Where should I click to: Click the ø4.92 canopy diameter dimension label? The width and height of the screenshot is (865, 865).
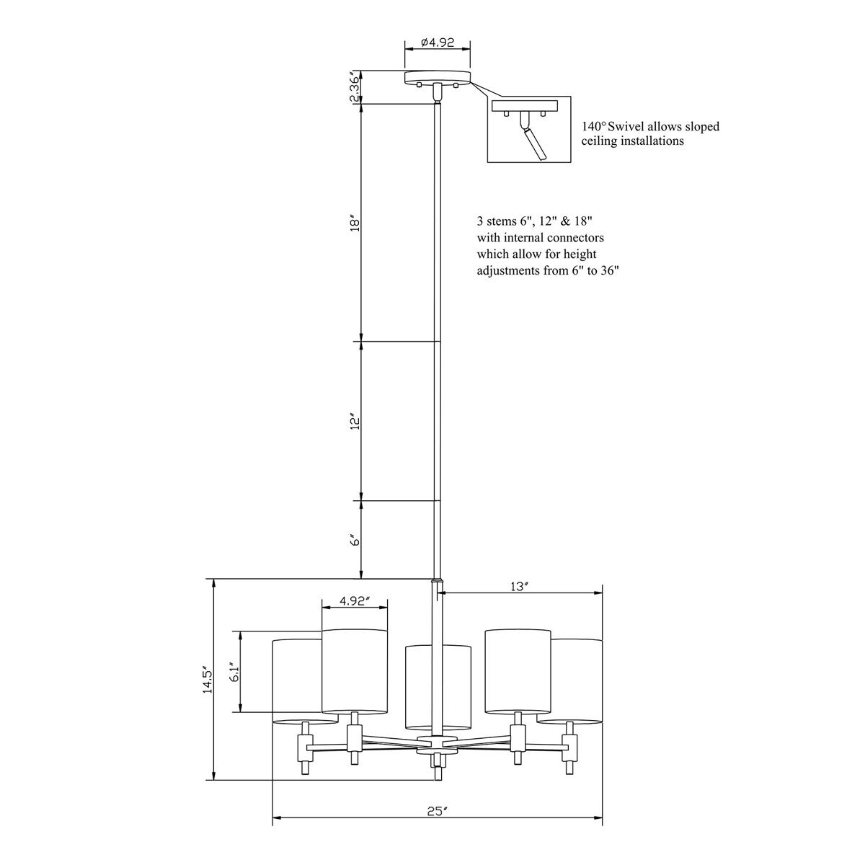tap(438, 43)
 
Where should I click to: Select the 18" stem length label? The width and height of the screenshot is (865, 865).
tap(355, 224)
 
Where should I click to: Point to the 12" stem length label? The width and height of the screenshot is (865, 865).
tap(355, 423)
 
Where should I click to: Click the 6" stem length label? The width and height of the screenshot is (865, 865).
tap(355, 540)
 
